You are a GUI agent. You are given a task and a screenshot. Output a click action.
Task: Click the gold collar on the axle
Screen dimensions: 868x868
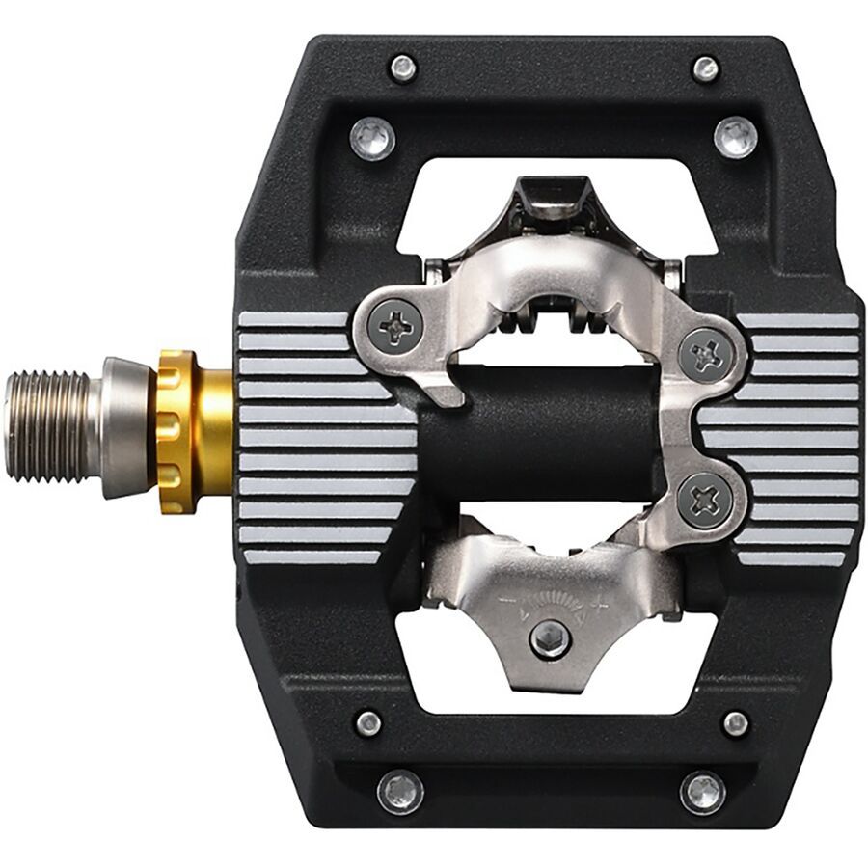[x=193, y=430]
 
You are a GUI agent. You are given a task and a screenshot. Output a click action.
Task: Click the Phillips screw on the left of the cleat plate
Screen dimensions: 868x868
[x=395, y=328]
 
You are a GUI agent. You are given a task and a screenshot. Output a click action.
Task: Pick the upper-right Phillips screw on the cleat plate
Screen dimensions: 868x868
[x=707, y=354]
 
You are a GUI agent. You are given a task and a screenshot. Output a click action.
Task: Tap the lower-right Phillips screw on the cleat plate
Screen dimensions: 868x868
[x=704, y=500]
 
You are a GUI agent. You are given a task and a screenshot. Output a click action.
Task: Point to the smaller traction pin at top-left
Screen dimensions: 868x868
[x=402, y=68]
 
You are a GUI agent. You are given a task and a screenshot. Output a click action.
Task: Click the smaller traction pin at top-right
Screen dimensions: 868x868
[x=706, y=68]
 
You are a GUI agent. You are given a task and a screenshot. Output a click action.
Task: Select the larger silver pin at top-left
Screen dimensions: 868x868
[x=372, y=138]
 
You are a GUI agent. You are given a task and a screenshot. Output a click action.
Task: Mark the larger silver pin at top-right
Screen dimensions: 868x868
[x=736, y=136]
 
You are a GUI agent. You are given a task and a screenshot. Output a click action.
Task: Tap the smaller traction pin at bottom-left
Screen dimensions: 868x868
[x=367, y=722]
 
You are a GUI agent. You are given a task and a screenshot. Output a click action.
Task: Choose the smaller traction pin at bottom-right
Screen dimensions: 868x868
[x=736, y=723]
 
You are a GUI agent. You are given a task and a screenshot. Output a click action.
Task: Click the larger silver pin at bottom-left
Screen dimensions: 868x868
[x=399, y=791]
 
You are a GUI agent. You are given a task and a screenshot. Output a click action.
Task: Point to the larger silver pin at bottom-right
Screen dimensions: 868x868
[x=703, y=792]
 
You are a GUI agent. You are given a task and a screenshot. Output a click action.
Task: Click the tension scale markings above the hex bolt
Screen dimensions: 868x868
[x=550, y=603]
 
